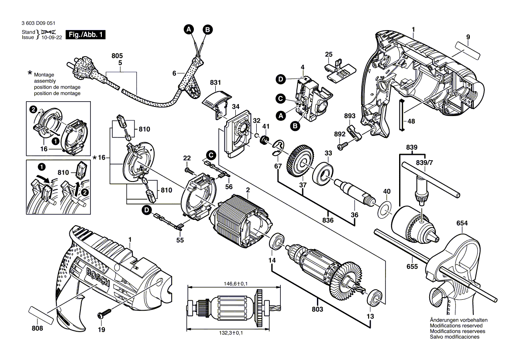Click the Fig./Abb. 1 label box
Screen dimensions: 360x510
click(86, 34)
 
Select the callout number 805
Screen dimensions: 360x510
click(117, 56)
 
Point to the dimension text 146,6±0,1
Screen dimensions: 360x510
click(232, 284)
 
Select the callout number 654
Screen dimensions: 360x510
click(462, 223)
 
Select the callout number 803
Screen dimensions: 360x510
click(317, 309)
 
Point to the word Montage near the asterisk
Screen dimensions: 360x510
click(44, 75)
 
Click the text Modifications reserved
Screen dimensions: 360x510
click(456, 326)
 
